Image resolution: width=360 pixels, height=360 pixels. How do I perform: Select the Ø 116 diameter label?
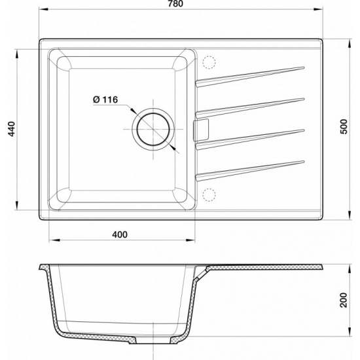tap(105, 99)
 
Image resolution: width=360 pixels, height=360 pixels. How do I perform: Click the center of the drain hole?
tap(155, 127)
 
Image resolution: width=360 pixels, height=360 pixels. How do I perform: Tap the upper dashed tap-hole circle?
tap(209, 61)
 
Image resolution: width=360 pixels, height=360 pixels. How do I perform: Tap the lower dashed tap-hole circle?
tap(209, 194)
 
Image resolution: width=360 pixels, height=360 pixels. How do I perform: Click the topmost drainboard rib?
tap(252, 73)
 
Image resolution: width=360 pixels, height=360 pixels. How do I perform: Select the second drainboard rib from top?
tap(252, 105)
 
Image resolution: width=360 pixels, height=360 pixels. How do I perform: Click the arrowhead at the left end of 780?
tap(42, 10)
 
